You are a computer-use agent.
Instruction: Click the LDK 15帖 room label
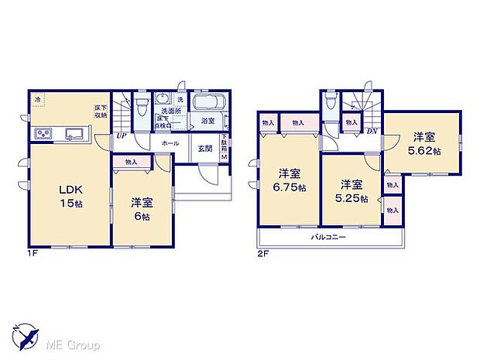pos(62,195)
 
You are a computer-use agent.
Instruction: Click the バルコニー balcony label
pos(329,237)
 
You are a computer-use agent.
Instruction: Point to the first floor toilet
pos(140,108)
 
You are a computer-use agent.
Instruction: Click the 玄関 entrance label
pos(205,149)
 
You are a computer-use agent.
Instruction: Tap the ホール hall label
pos(170,144)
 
